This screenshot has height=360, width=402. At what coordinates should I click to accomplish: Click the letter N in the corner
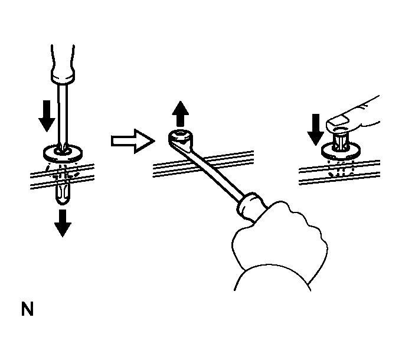pos(27,309)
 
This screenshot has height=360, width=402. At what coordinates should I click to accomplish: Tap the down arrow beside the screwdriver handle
pos(46,116)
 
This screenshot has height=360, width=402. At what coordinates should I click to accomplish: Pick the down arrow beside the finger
pos(315,129)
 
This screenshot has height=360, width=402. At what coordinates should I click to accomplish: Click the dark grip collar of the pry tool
pos(247,204)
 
